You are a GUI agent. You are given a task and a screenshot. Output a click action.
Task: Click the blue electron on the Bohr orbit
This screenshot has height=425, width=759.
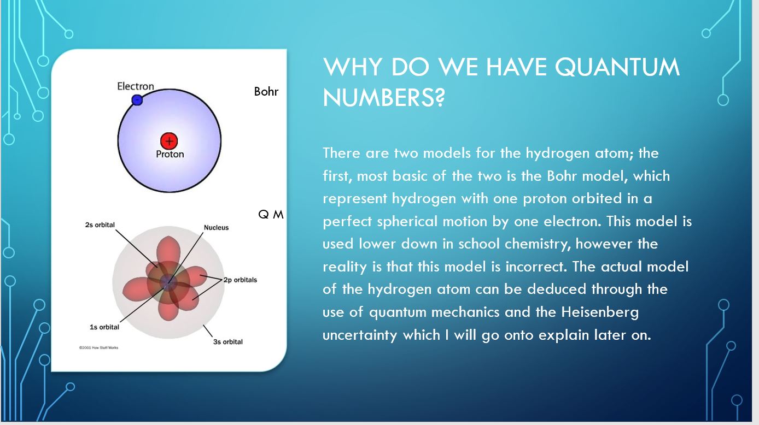137,100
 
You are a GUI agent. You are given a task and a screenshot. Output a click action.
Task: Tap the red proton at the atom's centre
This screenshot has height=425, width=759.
169,141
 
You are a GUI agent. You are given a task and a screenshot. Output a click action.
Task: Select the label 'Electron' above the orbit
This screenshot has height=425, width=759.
136,86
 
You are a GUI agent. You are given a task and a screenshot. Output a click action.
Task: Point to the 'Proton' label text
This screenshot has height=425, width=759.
170,154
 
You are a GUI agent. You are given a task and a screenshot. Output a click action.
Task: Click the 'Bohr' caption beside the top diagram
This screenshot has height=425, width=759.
266,91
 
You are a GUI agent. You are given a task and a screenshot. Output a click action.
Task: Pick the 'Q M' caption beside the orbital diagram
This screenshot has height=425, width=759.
271,214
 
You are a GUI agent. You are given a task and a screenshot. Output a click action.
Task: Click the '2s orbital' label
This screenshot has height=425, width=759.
100,225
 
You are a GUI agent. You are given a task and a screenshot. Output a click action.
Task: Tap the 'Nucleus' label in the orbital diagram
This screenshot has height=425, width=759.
216,227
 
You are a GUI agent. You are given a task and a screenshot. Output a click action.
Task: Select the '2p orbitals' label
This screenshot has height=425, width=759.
240,280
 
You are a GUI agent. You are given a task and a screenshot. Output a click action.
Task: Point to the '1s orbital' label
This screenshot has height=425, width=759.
104,327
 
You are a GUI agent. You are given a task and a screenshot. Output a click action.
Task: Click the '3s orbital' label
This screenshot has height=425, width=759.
227,342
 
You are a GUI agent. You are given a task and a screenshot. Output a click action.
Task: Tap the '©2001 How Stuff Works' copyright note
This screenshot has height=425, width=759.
98,347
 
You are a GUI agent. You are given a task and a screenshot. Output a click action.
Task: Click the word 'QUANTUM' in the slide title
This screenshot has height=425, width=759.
617,67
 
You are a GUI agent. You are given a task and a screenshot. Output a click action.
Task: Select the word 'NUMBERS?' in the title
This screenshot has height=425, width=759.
383,98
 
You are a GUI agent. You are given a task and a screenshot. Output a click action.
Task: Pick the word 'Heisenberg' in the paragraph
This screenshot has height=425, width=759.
600,311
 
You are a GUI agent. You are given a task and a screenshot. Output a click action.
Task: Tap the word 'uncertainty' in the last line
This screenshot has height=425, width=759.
360,335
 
